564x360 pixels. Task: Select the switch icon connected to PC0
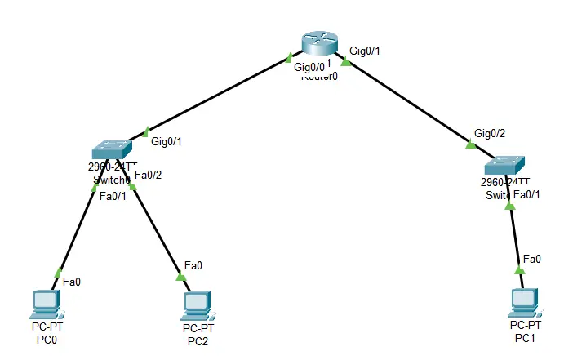coord(110,150)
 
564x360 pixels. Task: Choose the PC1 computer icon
coord(523,302)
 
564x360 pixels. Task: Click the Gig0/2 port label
coord(490,133)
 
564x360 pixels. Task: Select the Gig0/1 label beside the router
coord(365,51)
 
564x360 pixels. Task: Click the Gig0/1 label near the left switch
coord(167,141)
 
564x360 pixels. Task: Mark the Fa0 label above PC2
coord(193,265)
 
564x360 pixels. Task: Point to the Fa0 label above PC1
coord(531,259)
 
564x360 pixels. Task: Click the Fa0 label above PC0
coord(72,282)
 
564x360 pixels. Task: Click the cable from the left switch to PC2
coord(157,233)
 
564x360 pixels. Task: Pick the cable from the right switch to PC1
coord(514,237)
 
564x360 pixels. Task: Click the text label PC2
coord(197,340)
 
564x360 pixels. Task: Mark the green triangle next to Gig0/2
coord(469,145)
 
